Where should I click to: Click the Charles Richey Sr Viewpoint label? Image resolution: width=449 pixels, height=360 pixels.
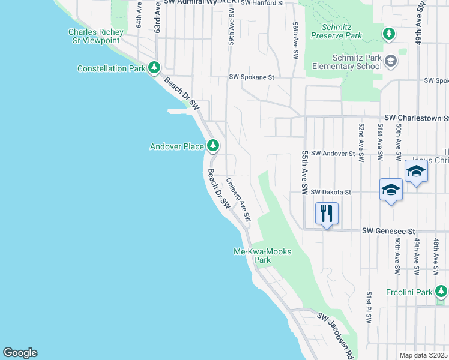click(x=96, y=36)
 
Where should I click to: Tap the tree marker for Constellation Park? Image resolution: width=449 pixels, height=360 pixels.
click(x=154, y=68)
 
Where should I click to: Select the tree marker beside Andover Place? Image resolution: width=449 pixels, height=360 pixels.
click(x=212, y=145)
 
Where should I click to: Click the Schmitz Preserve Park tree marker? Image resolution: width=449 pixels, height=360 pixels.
click(x=390, y=34)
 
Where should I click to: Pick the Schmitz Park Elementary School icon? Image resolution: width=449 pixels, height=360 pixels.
click(x=391, y=61)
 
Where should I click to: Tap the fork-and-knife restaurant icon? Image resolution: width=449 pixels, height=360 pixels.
click(x=327, y=213)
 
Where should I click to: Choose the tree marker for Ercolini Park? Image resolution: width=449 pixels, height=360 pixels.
click(x=441, y=292)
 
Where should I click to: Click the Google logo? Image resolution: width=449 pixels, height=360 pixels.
click(x=20, y=353)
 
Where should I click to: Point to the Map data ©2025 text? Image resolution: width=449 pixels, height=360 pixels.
click(x=423, y=355)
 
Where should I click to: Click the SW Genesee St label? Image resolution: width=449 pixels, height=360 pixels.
click(x=389, y=231)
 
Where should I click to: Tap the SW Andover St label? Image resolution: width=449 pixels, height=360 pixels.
click(x=333, y=154)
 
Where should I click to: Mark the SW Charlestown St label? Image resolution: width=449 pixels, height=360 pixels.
click(x=416, y=118)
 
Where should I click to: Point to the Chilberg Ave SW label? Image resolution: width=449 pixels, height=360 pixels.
click(x=238, y=197)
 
